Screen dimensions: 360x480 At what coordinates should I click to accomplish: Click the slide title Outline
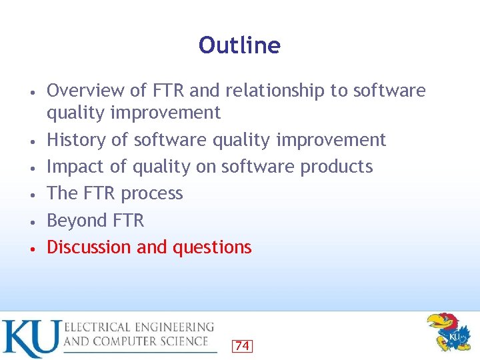click(239, 45)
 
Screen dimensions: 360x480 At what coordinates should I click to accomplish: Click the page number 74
click(242, 345)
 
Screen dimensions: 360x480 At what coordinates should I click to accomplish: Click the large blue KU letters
click(29, 339)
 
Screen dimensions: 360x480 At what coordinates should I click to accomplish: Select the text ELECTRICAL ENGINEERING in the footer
click(139, 327)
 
